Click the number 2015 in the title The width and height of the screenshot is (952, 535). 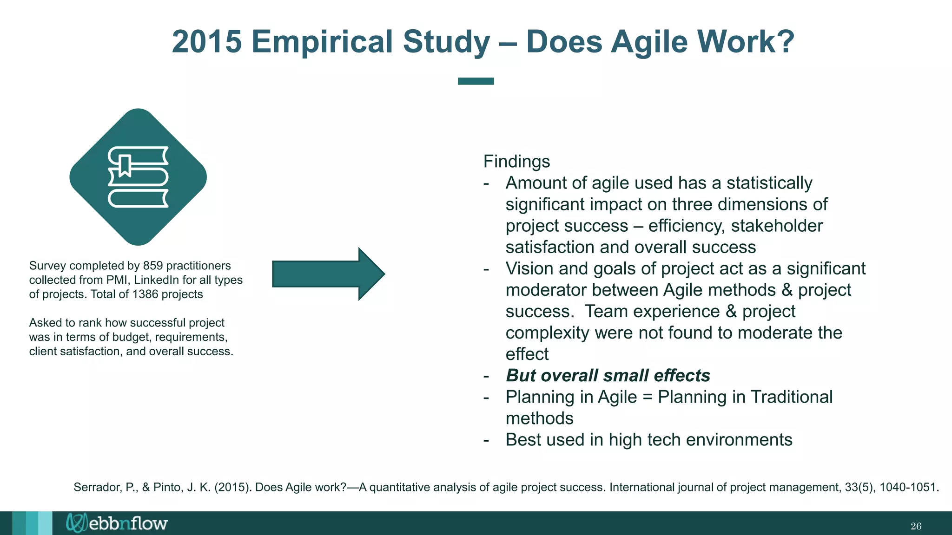point(207,42)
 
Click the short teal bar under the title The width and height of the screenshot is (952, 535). point(476,81)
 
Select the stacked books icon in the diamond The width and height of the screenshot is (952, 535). point(138,177)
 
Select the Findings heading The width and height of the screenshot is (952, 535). point(516,162)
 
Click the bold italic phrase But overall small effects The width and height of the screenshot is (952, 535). point(608,375)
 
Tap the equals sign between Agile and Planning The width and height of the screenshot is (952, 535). point(647,398)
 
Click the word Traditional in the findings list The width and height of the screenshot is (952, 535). point(791,397)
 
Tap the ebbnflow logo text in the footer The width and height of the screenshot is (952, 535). point(127,523)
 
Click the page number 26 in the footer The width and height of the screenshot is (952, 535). point(915,526)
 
